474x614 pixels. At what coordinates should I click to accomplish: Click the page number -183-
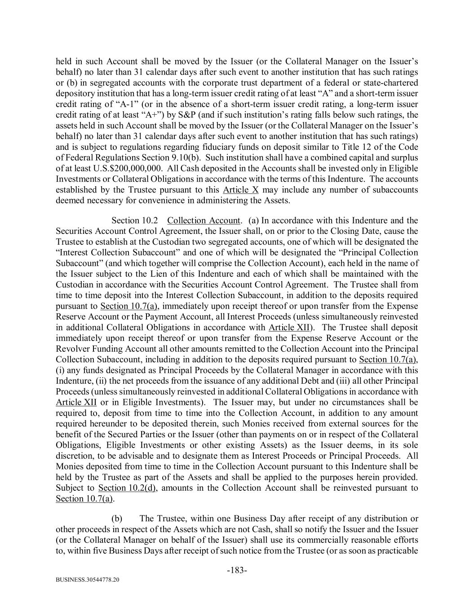pyautogui.click(x=237, y=570)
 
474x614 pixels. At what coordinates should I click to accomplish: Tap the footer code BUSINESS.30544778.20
pyautogui.click(x=88, y=580)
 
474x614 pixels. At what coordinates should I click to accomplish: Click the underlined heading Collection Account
pyautogui.click(x=204, y=220)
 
